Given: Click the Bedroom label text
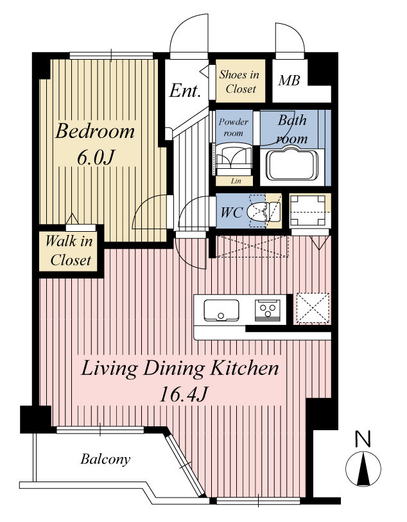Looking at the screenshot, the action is pos(95,131).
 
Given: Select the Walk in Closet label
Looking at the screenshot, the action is pos(69,250).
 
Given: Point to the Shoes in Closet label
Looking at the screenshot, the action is pos(239,82).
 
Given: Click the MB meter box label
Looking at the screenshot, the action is pos(289,80).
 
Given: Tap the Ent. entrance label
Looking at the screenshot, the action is pos(185,91).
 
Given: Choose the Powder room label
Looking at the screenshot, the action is pos(233,127).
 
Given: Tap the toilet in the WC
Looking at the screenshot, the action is pos(264,211).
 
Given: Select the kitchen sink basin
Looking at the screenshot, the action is pos(221,310).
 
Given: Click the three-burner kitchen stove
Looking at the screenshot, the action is pos(267,310).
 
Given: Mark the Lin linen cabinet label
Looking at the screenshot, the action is pos(236,181).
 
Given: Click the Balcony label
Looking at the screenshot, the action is pos(105,459).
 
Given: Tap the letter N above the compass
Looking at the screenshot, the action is pos(363,439).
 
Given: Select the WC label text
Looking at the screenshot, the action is pos(232,212).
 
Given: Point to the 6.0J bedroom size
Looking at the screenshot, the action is pos(96,157).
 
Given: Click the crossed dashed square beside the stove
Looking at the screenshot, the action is pos(313,308).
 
